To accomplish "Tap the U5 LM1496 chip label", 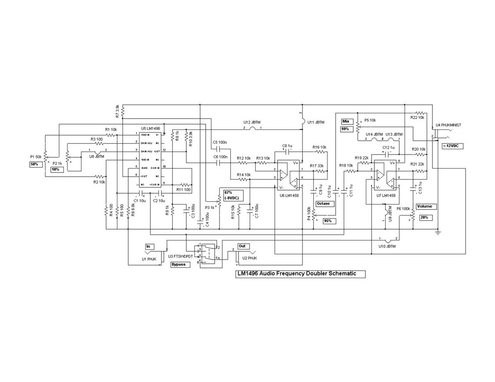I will pos(150,129).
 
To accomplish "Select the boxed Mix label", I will pos(346,121).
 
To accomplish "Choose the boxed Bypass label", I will pos(179,265).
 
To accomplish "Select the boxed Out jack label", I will pos(242,246).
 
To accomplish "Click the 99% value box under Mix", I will pos(346,129).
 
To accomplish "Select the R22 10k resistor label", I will pos(418,117).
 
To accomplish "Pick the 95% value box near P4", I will pos(328,221).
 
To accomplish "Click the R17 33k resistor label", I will pos(316,166).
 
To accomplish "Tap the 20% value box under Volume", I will pos(424,217).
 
